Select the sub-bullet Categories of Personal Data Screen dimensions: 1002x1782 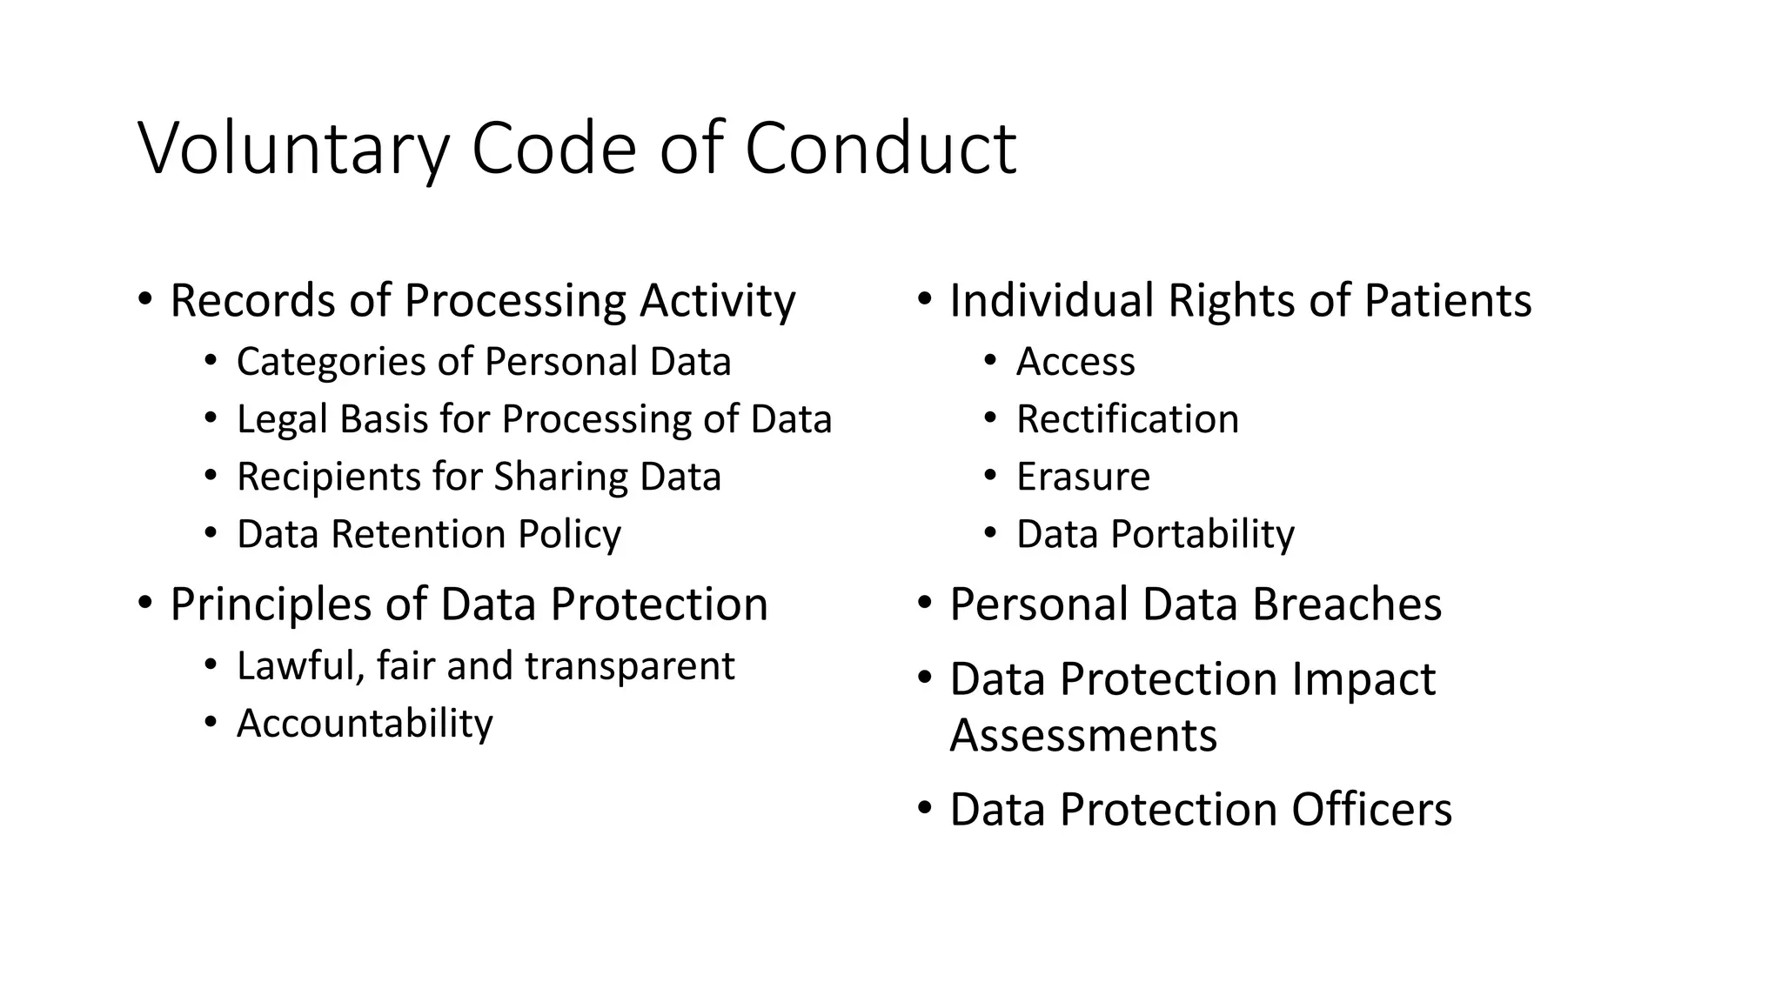tap(483, 362)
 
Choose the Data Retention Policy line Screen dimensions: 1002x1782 tap(428, 534)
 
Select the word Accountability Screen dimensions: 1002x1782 tap(365, 724)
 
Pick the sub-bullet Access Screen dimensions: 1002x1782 tap(1075, 362)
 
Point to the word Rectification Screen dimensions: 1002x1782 tap(1127, 419)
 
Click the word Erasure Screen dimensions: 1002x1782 tap(1082, 477)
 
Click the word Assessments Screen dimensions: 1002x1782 tap(1082, 736)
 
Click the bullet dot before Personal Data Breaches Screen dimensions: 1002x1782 tap(925, 602)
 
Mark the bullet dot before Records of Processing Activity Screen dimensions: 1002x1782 tap(145, 298)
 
